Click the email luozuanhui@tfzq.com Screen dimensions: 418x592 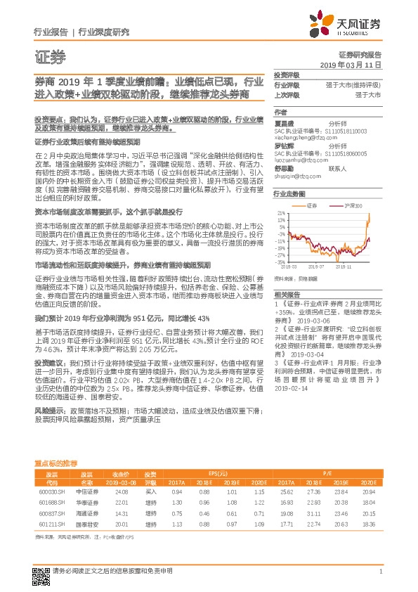click(296, 160)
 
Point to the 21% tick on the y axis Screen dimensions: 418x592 click(281, 212)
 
